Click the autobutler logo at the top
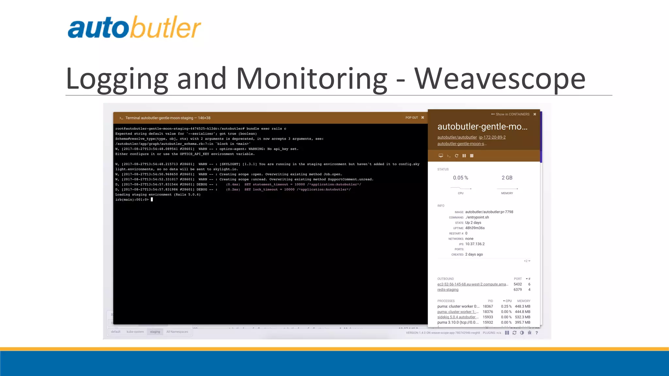[x=134, y=28]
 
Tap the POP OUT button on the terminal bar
[x=412, y=118]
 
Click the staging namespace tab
[x=155, y=332]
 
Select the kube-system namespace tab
[x=135, y=332]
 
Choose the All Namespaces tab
[x=177, y=332]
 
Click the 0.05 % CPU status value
[x=461, y=178]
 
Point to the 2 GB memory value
[x=507, y=178]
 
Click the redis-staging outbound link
[x=448, y=290]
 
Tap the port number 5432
[x=518, y=284]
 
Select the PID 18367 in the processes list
[x=488, y=306]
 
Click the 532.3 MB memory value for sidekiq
[x=523, y=317]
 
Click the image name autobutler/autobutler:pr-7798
[x=489, y=212]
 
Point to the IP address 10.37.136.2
[x=475, y=244]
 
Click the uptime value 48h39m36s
[x=475, y=228]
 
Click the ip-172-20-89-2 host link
[x=492, y=137]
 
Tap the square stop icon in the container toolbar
[x=472, y=156]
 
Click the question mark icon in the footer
[x=536, y=333]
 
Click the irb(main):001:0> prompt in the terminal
[x=132, y=200]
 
